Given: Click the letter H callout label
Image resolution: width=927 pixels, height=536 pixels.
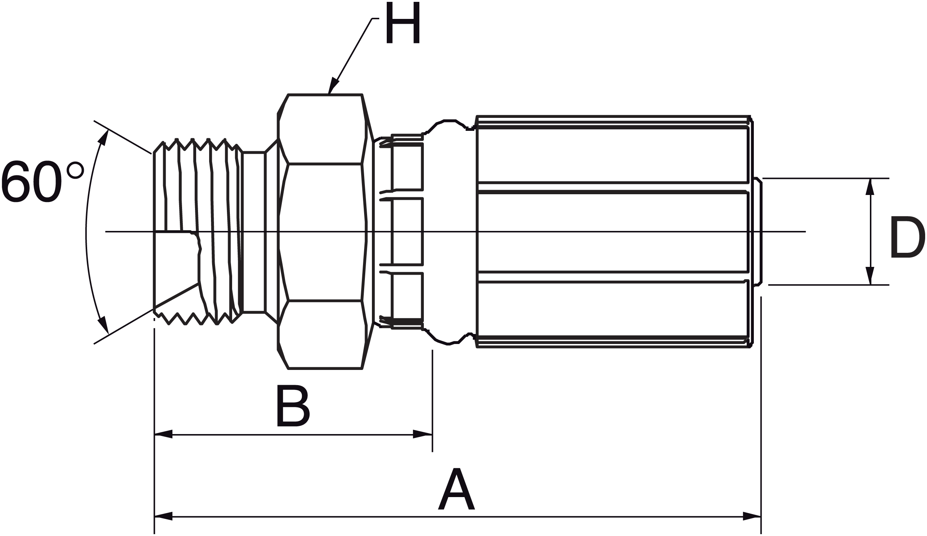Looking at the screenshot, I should [x=403, y=23].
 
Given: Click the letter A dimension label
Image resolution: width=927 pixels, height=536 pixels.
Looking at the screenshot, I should [x=456, y=489].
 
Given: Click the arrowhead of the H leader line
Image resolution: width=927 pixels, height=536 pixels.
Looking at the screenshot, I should [x=333, y=85].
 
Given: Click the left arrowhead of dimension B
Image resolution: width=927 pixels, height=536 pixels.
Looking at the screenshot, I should [x=163, y=434].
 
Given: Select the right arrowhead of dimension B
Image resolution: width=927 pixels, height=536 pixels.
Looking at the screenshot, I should [x=423, y=434].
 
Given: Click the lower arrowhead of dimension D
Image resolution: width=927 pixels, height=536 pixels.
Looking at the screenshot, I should [x=870, y=276].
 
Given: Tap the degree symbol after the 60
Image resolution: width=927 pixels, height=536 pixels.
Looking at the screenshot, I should [x=75, y=170].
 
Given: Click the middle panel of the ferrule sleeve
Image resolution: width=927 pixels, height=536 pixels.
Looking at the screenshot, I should [x=612, y=232].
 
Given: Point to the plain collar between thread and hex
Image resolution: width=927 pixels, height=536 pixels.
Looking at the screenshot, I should [x=254, y=232].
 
